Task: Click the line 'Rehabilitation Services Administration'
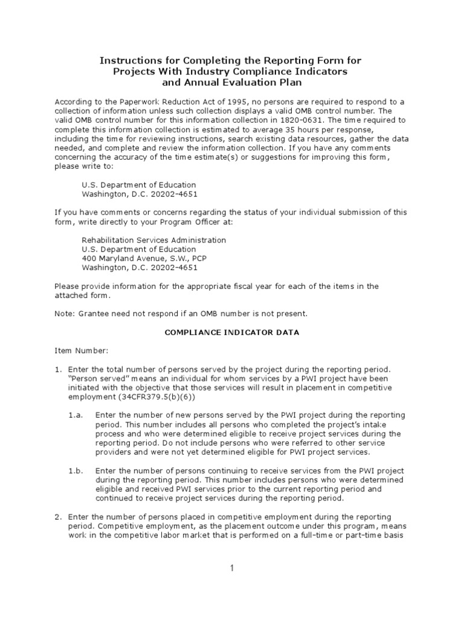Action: (153, 240)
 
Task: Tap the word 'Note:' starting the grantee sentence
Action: (65, 314)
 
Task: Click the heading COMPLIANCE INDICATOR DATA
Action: (233, 332)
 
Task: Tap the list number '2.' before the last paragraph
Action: (58, 517)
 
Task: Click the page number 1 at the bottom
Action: (231, 568)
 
